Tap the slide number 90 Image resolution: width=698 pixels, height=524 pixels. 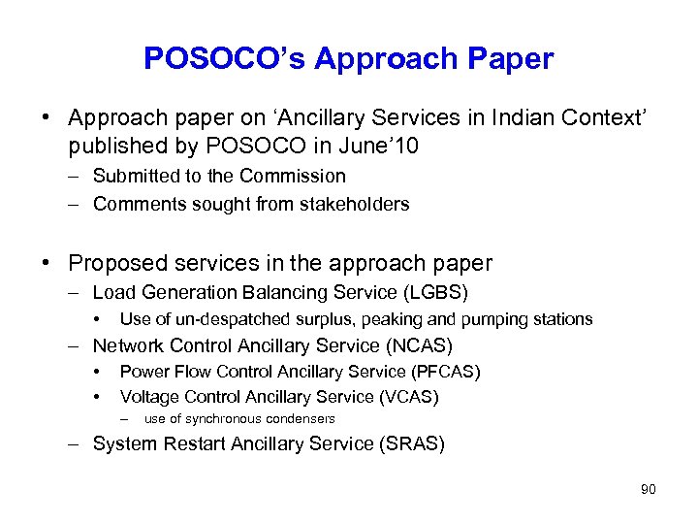tap(648, 490)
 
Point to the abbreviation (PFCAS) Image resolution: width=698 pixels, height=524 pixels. tap(445, 372)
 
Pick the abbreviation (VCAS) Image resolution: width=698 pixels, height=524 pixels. tap(407, 397)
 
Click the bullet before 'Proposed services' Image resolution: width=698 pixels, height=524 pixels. tap(46, 263)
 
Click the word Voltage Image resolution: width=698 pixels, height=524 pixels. tap(149, 397)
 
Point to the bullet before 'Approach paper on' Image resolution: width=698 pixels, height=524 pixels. tap(46, 118)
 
